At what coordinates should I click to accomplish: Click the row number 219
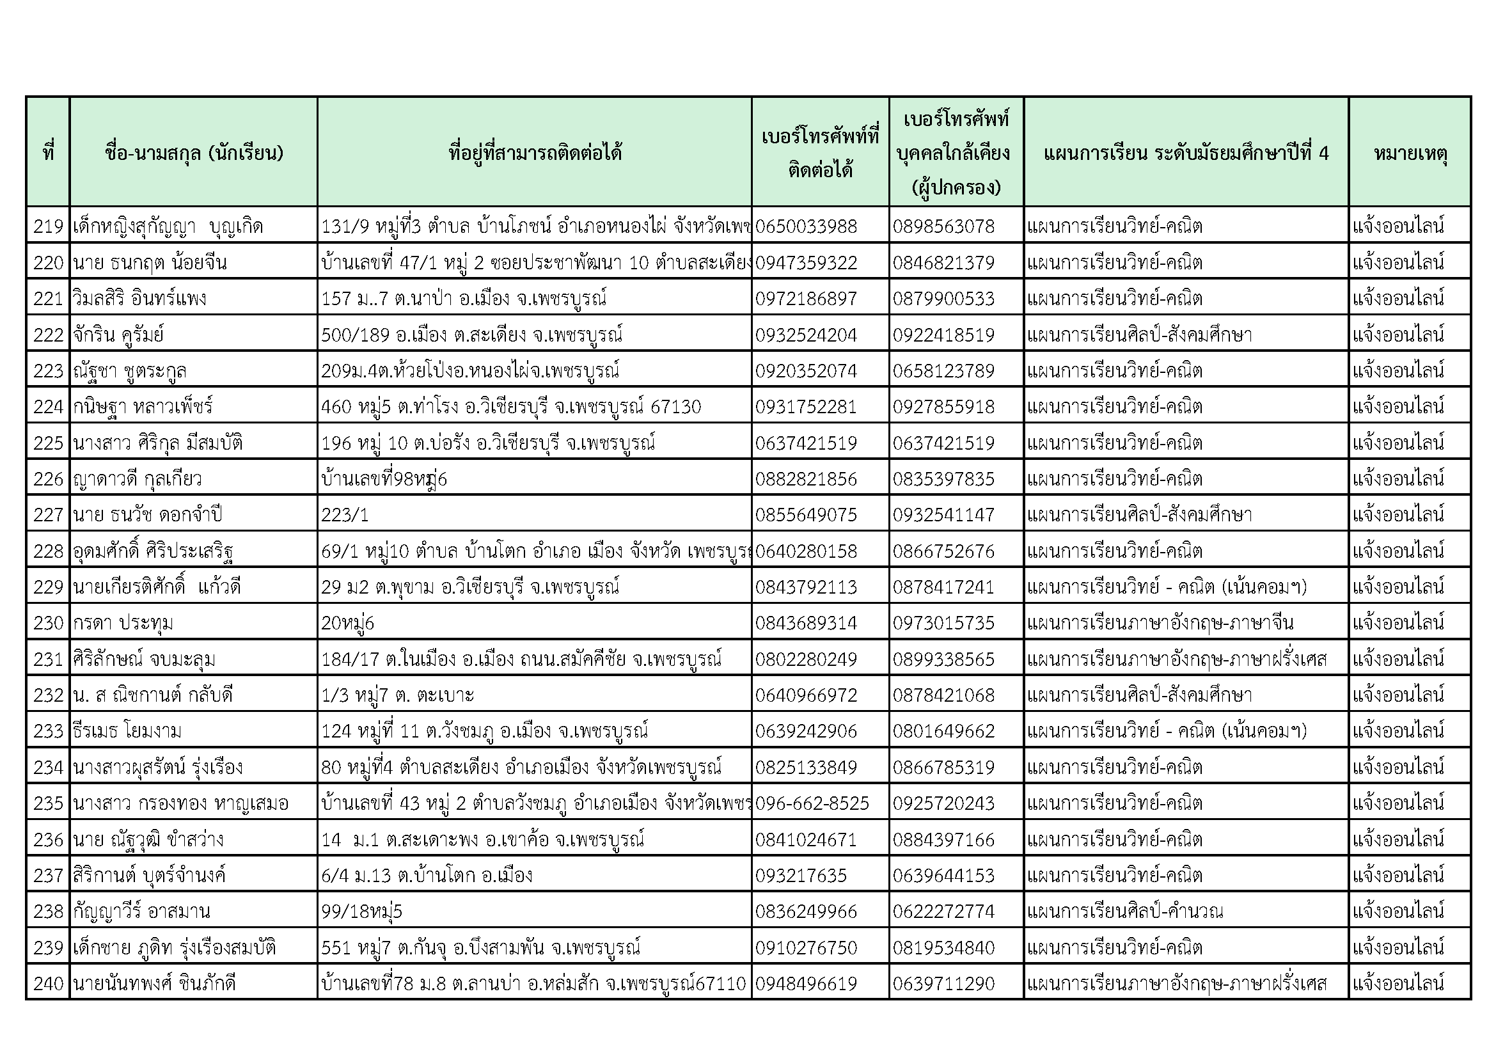[x=48, y=226]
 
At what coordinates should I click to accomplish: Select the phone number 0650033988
[x=806, y=226]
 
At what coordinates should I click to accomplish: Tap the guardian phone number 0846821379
[x=943, y=262]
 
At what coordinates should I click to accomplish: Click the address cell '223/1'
[x=345, y=515]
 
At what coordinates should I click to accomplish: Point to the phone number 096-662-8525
[x=812, y=803]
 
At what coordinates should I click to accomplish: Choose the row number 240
[x=48, y=983]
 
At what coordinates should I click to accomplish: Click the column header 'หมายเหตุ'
[x=1410, y=153]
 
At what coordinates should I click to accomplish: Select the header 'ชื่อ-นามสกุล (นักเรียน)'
[x=194, y=153]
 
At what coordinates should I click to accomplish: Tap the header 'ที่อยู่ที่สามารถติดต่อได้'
[x=534, y=153]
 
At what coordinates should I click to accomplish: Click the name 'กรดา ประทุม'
[x=123, y=623]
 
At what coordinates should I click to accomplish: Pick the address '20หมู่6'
[x=347, y=623]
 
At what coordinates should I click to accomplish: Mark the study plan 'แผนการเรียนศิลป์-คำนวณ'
[x=1124, y=911]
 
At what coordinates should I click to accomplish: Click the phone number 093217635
[x=801, y=875]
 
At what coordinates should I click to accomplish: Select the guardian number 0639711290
[x=943, y=983]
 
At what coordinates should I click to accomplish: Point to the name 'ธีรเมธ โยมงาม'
[x=127, y=730]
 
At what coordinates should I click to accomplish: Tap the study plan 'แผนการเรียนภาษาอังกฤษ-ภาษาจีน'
[x=1160, y=623]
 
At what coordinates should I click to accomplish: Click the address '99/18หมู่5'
[x=361, y=911]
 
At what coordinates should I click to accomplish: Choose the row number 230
[x=48, y=623]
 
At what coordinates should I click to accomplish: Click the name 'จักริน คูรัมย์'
[x=118, y=335]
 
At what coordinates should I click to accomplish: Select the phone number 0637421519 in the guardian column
[x=943, y=443]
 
